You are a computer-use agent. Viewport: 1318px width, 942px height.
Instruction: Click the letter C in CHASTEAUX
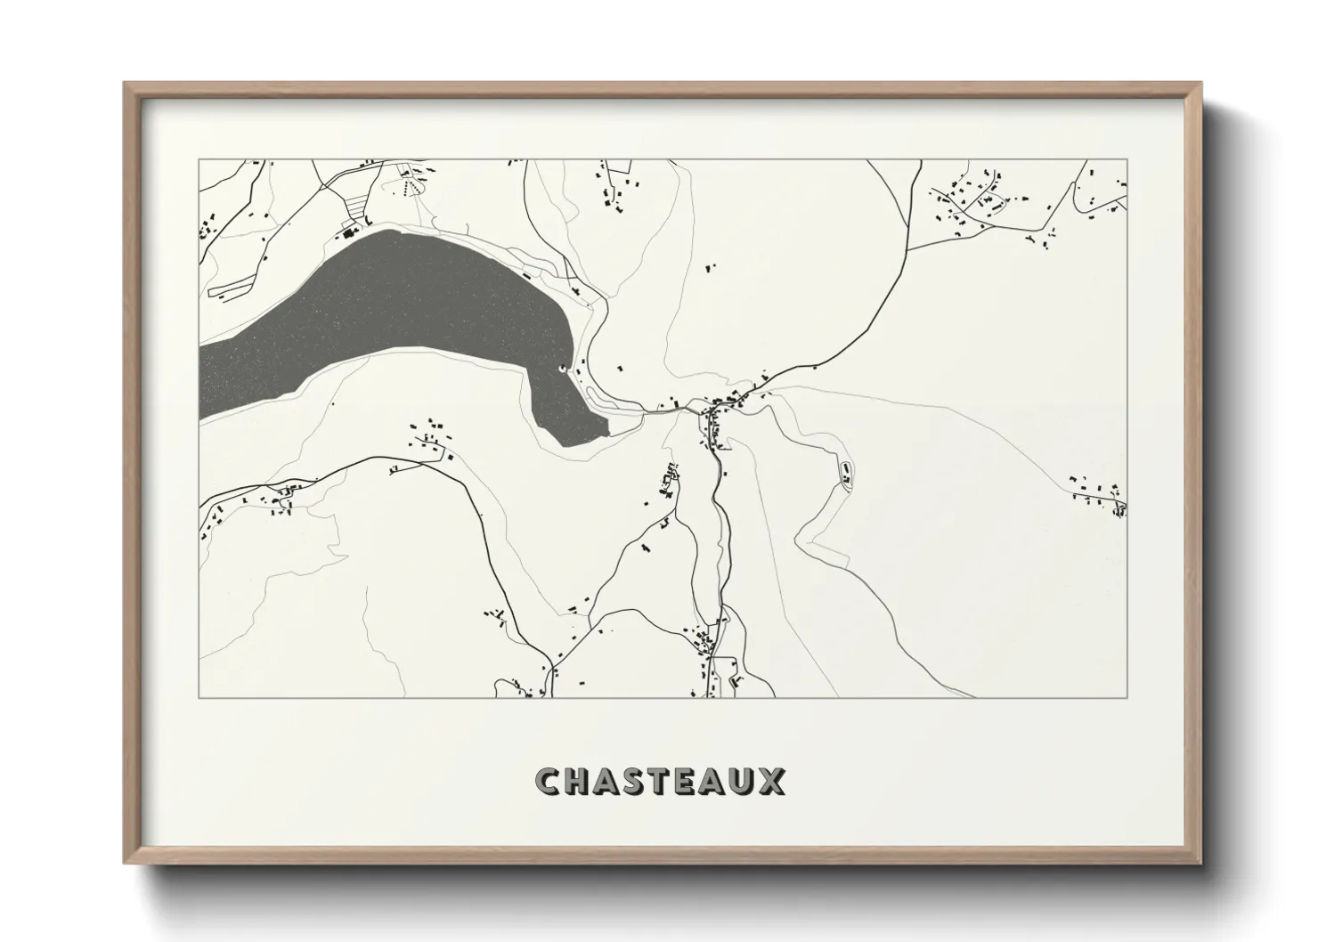pos(548,782)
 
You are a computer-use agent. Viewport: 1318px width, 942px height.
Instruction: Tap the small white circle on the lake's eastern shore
pos(561,369)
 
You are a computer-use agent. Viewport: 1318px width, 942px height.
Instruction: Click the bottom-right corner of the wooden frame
pos(1200,864)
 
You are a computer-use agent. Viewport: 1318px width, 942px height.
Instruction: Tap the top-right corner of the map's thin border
pos(1127,159)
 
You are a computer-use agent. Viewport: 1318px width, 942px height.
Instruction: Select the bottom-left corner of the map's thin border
pos(199,697)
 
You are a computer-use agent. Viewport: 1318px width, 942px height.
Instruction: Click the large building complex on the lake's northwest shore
pos(347,234)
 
